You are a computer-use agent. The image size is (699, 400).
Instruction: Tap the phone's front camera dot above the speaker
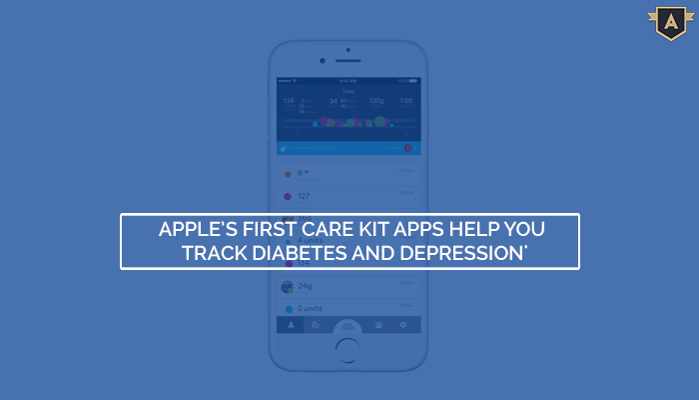[348, 50]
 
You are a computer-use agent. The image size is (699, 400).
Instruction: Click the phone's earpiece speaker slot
[348, 62]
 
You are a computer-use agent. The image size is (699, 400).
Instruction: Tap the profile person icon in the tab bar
[290, 325]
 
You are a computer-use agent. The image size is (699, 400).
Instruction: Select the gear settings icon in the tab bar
[403, 325]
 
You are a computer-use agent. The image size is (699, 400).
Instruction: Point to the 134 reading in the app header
[288, 101]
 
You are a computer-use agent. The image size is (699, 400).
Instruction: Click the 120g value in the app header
[375, 101]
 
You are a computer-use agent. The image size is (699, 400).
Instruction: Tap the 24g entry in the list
[305, 285]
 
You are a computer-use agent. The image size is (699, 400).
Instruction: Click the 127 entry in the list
[304, 196]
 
